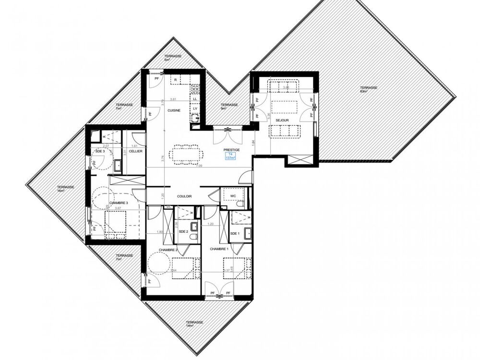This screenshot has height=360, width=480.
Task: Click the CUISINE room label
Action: [174, 110]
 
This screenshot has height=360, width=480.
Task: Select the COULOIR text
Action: [184, 196]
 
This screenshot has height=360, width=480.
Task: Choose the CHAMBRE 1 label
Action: [218, 250]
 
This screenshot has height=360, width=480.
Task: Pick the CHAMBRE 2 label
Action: [169, 250]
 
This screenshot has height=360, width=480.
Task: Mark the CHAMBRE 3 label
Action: [119, 203]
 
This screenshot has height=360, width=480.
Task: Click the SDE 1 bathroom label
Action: [235, 233]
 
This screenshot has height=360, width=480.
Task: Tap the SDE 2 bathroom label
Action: [182, 232]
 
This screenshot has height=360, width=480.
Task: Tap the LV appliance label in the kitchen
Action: [195, 109]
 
